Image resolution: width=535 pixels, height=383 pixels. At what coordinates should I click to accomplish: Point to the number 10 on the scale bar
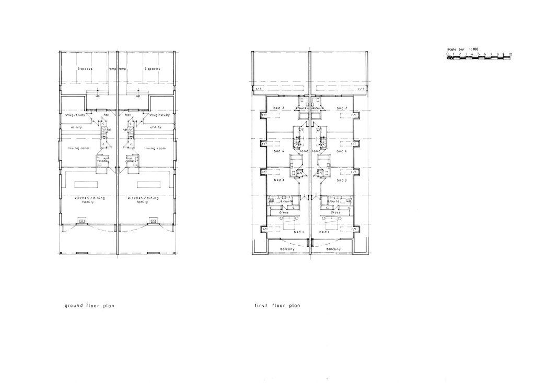tap(510, 54)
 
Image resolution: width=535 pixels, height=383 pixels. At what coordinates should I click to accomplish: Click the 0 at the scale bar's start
tap(448, 54)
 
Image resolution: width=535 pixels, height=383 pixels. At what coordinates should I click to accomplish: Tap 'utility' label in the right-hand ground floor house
tap(156, 127)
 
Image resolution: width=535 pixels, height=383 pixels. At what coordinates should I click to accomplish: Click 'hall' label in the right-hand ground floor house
tap(127, 114)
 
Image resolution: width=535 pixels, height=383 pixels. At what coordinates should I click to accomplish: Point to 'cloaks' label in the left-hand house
tap(103, 161)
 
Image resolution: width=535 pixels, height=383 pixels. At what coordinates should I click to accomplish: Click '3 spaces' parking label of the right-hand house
tap(152, 69)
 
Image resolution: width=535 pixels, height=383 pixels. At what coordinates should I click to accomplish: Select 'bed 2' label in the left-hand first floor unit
tap(279, 108)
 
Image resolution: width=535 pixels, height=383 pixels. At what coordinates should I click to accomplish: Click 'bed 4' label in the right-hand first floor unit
tap(341, 151)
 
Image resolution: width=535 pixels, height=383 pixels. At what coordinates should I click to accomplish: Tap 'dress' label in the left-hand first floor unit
tap(285, 212)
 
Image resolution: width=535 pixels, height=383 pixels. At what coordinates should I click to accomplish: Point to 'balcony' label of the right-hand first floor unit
tap(333, 249)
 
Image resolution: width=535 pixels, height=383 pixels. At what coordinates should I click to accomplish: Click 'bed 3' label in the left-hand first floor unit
tap(278, 180)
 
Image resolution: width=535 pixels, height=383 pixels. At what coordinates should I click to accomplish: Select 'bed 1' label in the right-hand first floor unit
tap(325, 232)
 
